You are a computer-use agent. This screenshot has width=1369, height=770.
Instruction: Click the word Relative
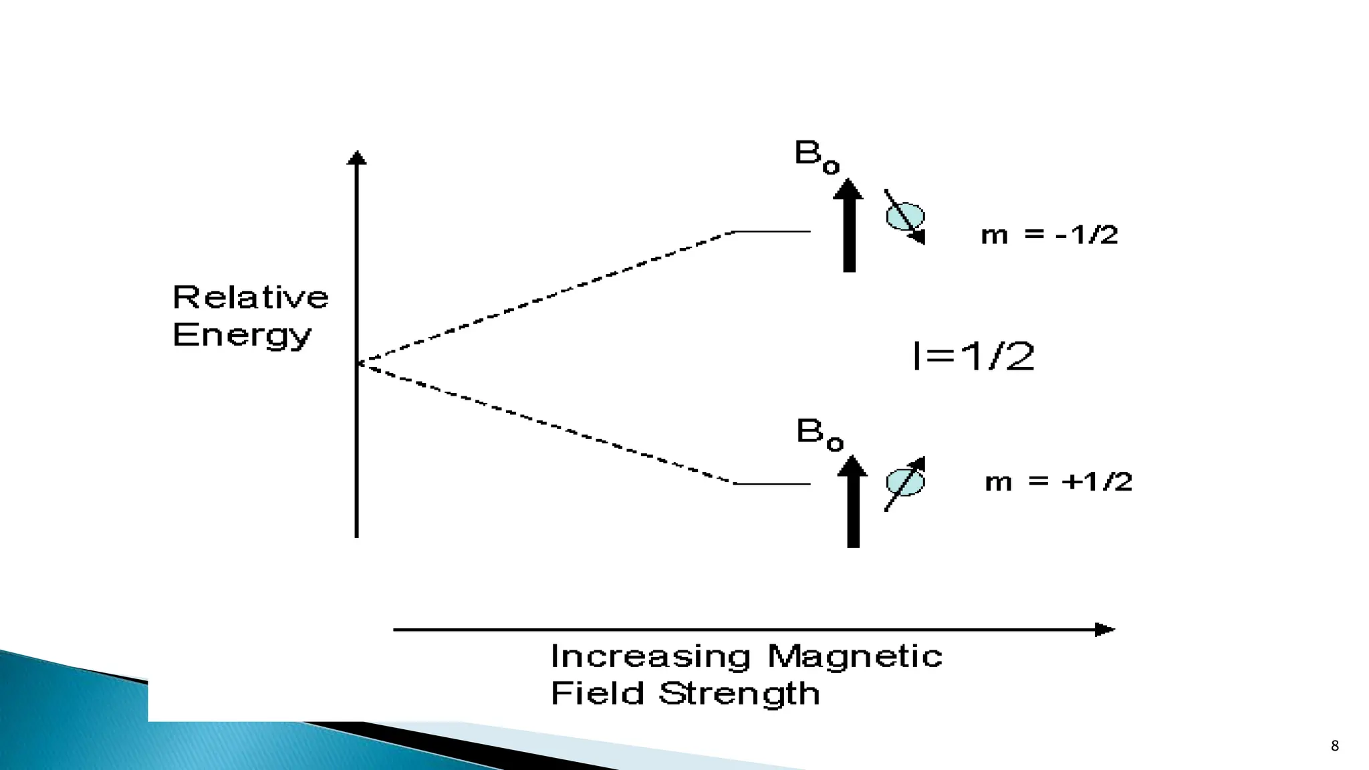(x=251, y=297)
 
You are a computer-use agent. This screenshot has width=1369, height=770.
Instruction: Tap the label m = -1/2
(x=1049, y=235)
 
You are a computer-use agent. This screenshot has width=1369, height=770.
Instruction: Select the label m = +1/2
(x=1059, y=482)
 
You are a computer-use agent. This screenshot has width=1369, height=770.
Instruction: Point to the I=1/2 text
(x=973, y=356)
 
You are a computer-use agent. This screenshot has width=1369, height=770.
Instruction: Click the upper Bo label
(x=816, y=156)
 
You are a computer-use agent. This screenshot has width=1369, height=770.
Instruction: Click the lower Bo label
(x=820, y=434)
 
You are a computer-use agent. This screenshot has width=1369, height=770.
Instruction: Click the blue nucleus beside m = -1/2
(x=905, y=217)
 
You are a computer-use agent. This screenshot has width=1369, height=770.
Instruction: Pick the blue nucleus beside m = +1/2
(x=905, y=483)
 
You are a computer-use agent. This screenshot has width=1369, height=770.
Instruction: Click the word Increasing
(x=650, y=656)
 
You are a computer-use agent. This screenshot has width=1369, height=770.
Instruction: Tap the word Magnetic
(x=855, y=656)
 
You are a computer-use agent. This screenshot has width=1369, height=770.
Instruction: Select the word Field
(x=597, y=693)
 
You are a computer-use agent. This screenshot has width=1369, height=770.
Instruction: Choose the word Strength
(x=739, y=694)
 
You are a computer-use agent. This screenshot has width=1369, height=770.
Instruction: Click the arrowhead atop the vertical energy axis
(x=357, y=158)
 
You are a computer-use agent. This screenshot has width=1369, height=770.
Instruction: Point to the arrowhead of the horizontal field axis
(x=1104, y=630)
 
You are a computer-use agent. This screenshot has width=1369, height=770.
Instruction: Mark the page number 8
(x=1335, y=746)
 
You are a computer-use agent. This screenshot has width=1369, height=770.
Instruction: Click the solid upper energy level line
(x=772, y=232)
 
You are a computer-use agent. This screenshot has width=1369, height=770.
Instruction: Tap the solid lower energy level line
(x=772, y=483)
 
